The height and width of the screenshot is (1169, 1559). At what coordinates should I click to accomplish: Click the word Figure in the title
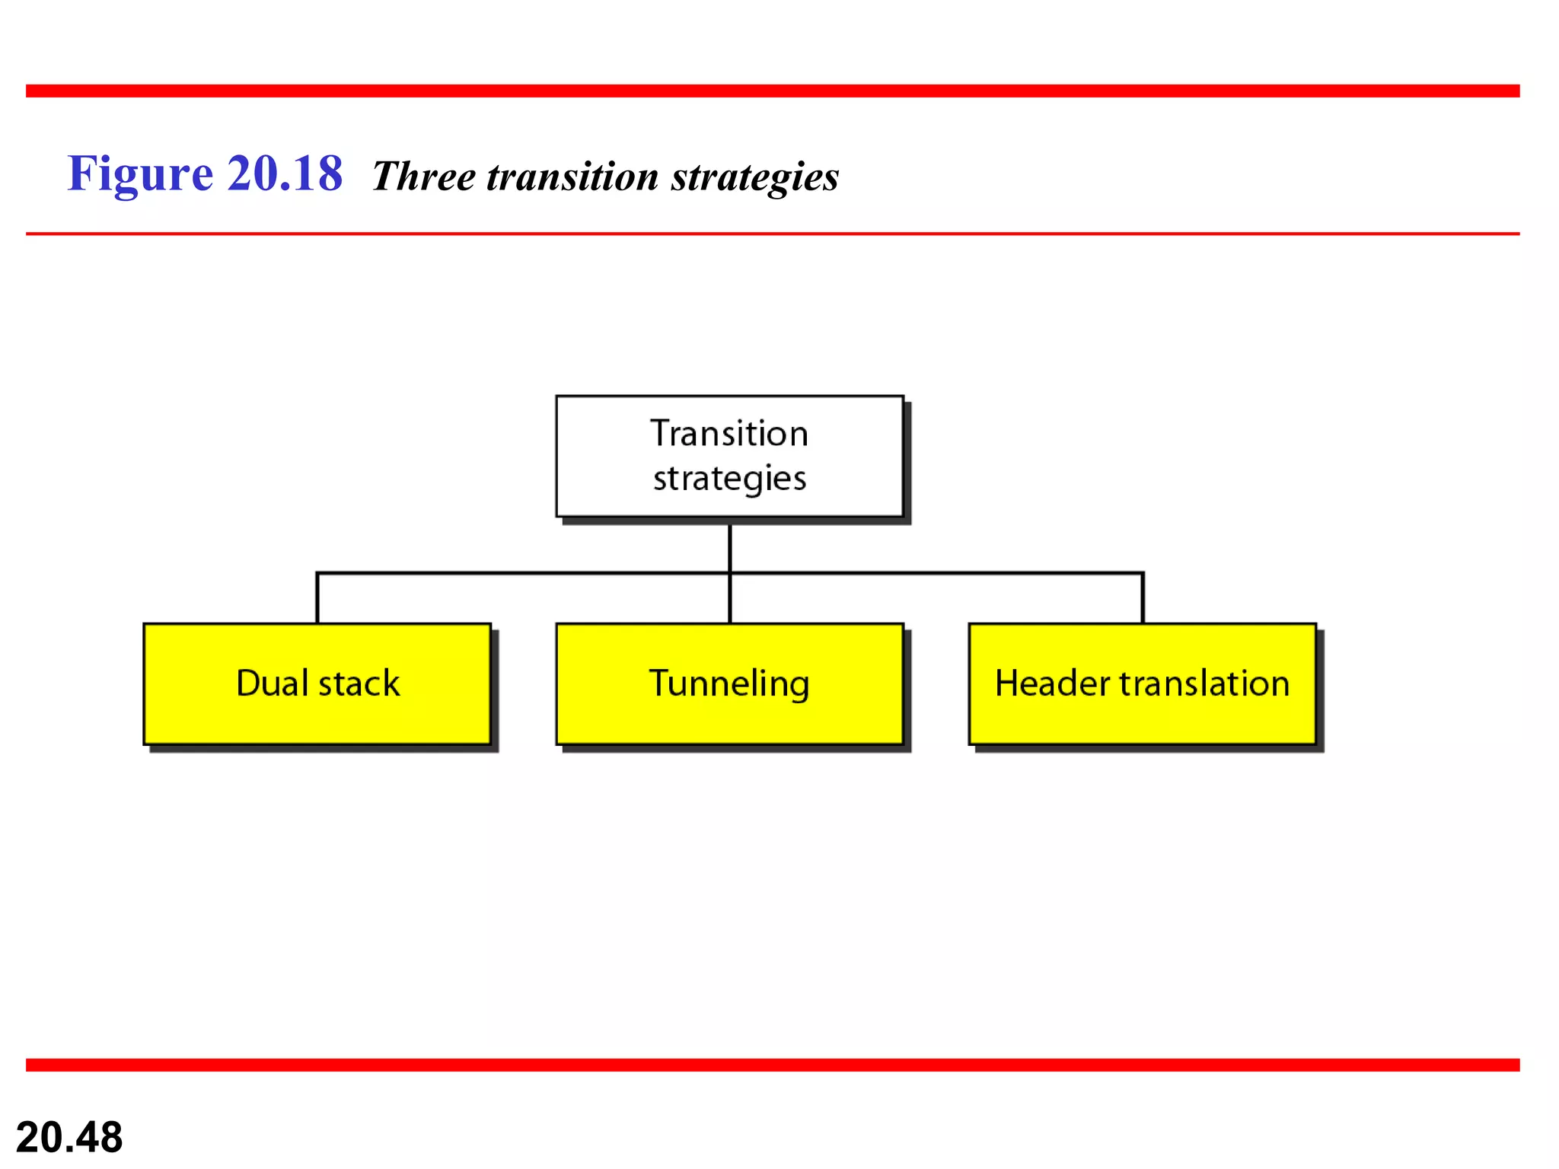[x=140, y=174]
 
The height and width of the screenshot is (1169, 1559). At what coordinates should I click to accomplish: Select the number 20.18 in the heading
[x=285, y=174]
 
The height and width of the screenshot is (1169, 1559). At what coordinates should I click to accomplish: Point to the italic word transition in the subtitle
[x=572, y=177]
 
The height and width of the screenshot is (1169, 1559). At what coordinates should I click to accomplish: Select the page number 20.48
[x=69, y=1137]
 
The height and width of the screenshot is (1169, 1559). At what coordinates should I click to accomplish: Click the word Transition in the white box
[x=728, y=434]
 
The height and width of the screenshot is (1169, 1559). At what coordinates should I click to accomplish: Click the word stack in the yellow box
[x=359, y=683]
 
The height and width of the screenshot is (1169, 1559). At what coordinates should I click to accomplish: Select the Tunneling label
[x=728, y=683]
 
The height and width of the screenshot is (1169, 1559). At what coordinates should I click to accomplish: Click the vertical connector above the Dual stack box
[x=317, y=598]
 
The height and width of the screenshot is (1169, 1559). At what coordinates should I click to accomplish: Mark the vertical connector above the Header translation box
[x=1143, y=598]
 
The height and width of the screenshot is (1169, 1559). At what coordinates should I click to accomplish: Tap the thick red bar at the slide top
[x=773, y=91]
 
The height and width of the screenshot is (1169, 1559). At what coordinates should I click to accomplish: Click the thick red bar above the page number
[x=773, y=1065]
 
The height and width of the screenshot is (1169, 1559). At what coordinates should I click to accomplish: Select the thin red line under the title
[x=773, y=234]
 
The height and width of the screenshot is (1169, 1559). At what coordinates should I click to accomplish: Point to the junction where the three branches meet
[x=730, y=573]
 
